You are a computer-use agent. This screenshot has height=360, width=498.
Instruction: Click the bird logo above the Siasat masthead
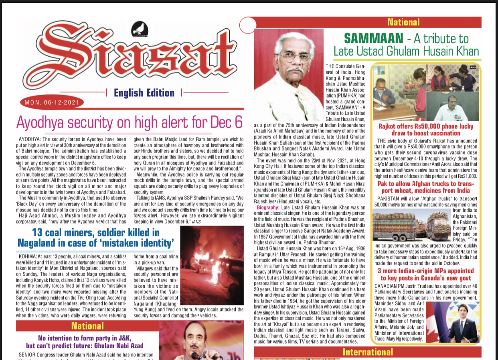140,28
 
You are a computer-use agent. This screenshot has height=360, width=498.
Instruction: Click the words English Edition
144,93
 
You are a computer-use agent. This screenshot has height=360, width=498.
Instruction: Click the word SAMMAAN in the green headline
373,39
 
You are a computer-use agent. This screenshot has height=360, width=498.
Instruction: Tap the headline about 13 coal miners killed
95,238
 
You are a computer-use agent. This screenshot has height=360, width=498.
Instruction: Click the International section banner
368,352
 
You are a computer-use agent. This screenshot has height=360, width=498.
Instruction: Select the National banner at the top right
403,22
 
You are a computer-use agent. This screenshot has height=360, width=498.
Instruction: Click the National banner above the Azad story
88,326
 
